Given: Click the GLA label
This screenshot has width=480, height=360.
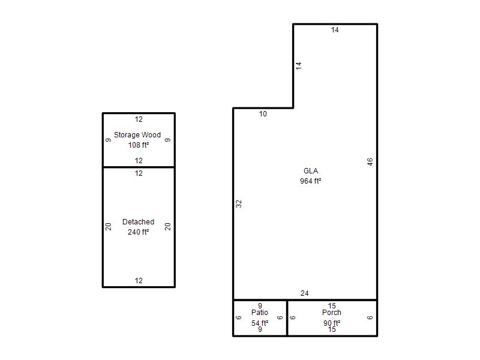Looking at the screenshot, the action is pos(311,171).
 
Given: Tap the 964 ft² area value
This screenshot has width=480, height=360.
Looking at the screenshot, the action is pos(310,181).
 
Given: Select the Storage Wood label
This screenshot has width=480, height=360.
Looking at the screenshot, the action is pos(137,135).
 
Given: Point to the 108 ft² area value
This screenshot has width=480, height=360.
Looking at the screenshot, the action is pos(139,145).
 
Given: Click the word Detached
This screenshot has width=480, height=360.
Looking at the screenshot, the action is pos(138,222).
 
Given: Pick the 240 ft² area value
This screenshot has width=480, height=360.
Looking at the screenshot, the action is pos(139,232).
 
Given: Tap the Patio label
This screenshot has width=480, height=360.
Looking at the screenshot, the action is pos(260,313).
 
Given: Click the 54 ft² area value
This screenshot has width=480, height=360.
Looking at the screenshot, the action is pos(260,323).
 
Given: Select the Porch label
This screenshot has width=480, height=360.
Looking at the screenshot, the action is pos(332,313).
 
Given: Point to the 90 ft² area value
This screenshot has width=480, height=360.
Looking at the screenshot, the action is pos(332,323).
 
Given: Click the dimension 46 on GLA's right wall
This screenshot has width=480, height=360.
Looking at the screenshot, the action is pos(370,162).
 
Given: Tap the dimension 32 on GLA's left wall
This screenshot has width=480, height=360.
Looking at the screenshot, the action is pos(239,203).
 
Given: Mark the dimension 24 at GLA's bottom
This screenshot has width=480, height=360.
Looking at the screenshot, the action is pos(305,293).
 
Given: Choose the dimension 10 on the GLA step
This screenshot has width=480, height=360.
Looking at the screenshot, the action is pos(263,114).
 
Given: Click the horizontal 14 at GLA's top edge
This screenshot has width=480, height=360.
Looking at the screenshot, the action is pos(335,30).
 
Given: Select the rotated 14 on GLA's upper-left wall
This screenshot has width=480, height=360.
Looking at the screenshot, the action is pos(299,65).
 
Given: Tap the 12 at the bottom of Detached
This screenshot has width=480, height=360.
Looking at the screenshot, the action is pos(139,281).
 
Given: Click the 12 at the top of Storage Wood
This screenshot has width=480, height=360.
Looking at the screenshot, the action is pos(139,119).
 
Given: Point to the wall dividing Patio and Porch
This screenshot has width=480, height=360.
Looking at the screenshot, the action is pos(287,318).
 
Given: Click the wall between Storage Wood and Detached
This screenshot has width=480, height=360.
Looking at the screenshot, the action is pos(139,167).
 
